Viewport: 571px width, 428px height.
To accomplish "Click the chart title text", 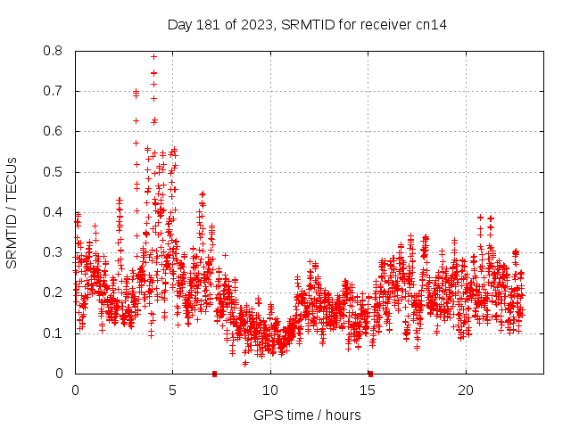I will point(306,25).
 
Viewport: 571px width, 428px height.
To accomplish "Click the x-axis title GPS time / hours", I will point(307,415).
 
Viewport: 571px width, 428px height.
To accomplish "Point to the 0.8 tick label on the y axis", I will point(54,51).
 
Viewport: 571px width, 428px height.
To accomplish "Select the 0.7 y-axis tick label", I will point(54,91).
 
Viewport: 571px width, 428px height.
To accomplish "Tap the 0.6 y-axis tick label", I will point(54,131).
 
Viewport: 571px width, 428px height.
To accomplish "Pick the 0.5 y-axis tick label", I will point(54,172).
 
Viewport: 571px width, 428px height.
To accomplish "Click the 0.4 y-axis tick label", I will point(54,212).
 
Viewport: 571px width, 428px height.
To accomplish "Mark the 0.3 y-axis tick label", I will point(54,252).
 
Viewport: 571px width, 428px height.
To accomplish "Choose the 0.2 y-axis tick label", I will point(54,292).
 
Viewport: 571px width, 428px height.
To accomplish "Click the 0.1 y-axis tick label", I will point(54,333).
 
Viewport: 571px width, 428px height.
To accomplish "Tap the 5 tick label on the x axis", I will point(173,391).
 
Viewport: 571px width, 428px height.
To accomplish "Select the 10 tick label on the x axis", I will point(270,391).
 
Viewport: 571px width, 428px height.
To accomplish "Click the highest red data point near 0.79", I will point(153,56).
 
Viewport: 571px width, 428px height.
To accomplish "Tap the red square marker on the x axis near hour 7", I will point(214,374).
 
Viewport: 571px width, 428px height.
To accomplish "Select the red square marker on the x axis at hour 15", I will point(369,374).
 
